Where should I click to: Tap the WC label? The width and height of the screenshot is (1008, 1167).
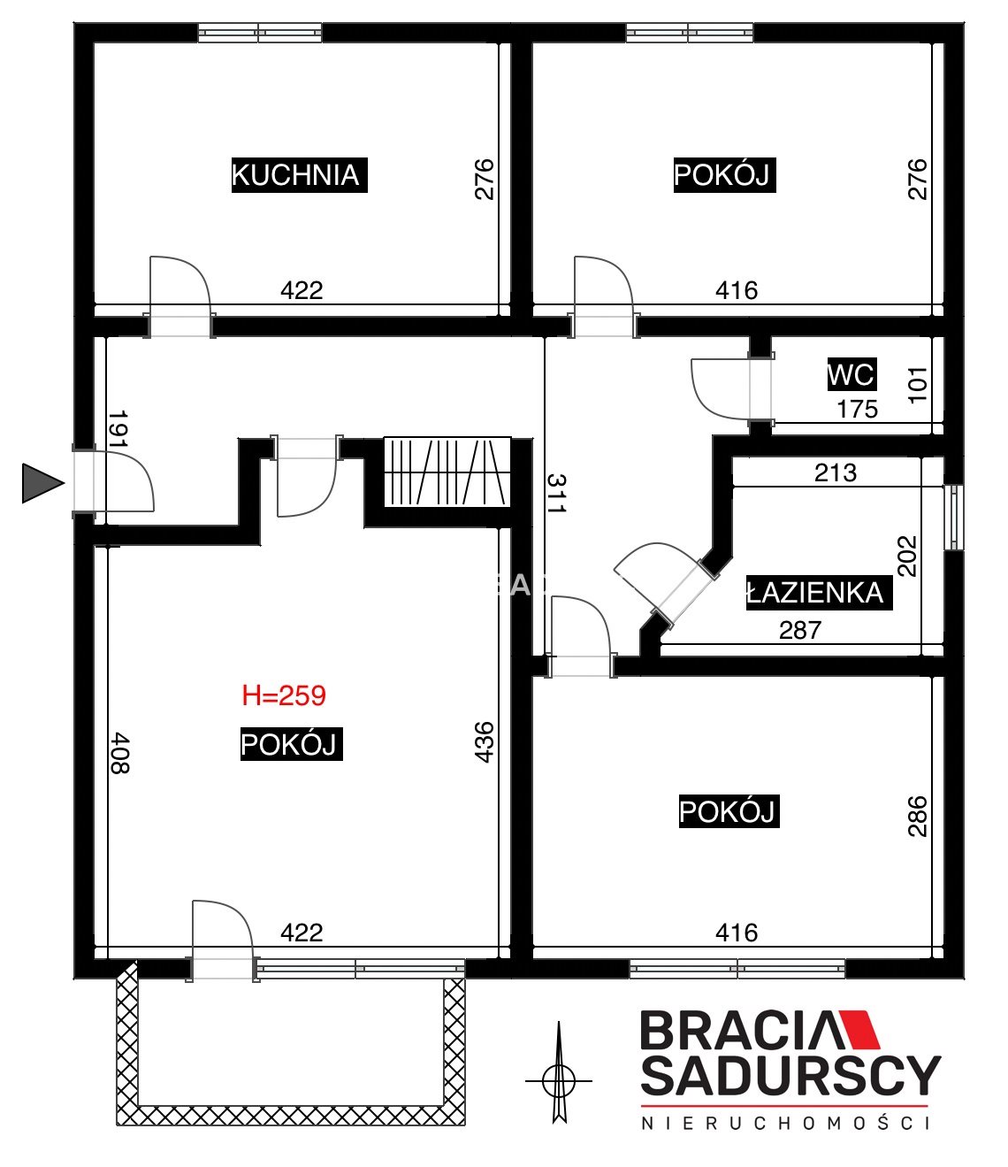(x=851, y=373)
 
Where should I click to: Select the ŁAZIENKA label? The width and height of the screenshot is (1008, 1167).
(x=819, y=593)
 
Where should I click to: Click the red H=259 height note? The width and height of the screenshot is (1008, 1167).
(x=284, y=695)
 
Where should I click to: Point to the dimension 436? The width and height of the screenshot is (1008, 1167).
(x=485, y=741)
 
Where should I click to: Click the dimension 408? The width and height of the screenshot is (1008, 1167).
(x=120, y=753)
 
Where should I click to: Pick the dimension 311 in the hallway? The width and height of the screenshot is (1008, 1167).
(x=556, y=493)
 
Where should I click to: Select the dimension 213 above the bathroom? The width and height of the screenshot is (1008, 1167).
(x=836, y=472)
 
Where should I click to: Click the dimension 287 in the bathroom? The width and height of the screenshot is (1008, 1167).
(x=799, y=630)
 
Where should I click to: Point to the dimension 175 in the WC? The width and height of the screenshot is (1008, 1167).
(x=858, y=410)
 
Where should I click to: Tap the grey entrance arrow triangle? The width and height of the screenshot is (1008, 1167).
(x=42, y=483)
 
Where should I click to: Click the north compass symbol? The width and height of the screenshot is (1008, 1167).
(x=559, y=1080)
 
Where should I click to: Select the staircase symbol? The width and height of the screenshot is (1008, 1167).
(x=447, y=472)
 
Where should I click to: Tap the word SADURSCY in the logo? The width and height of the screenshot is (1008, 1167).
(x=790, y=1076)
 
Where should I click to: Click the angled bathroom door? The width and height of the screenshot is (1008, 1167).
(x=666, y=584)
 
